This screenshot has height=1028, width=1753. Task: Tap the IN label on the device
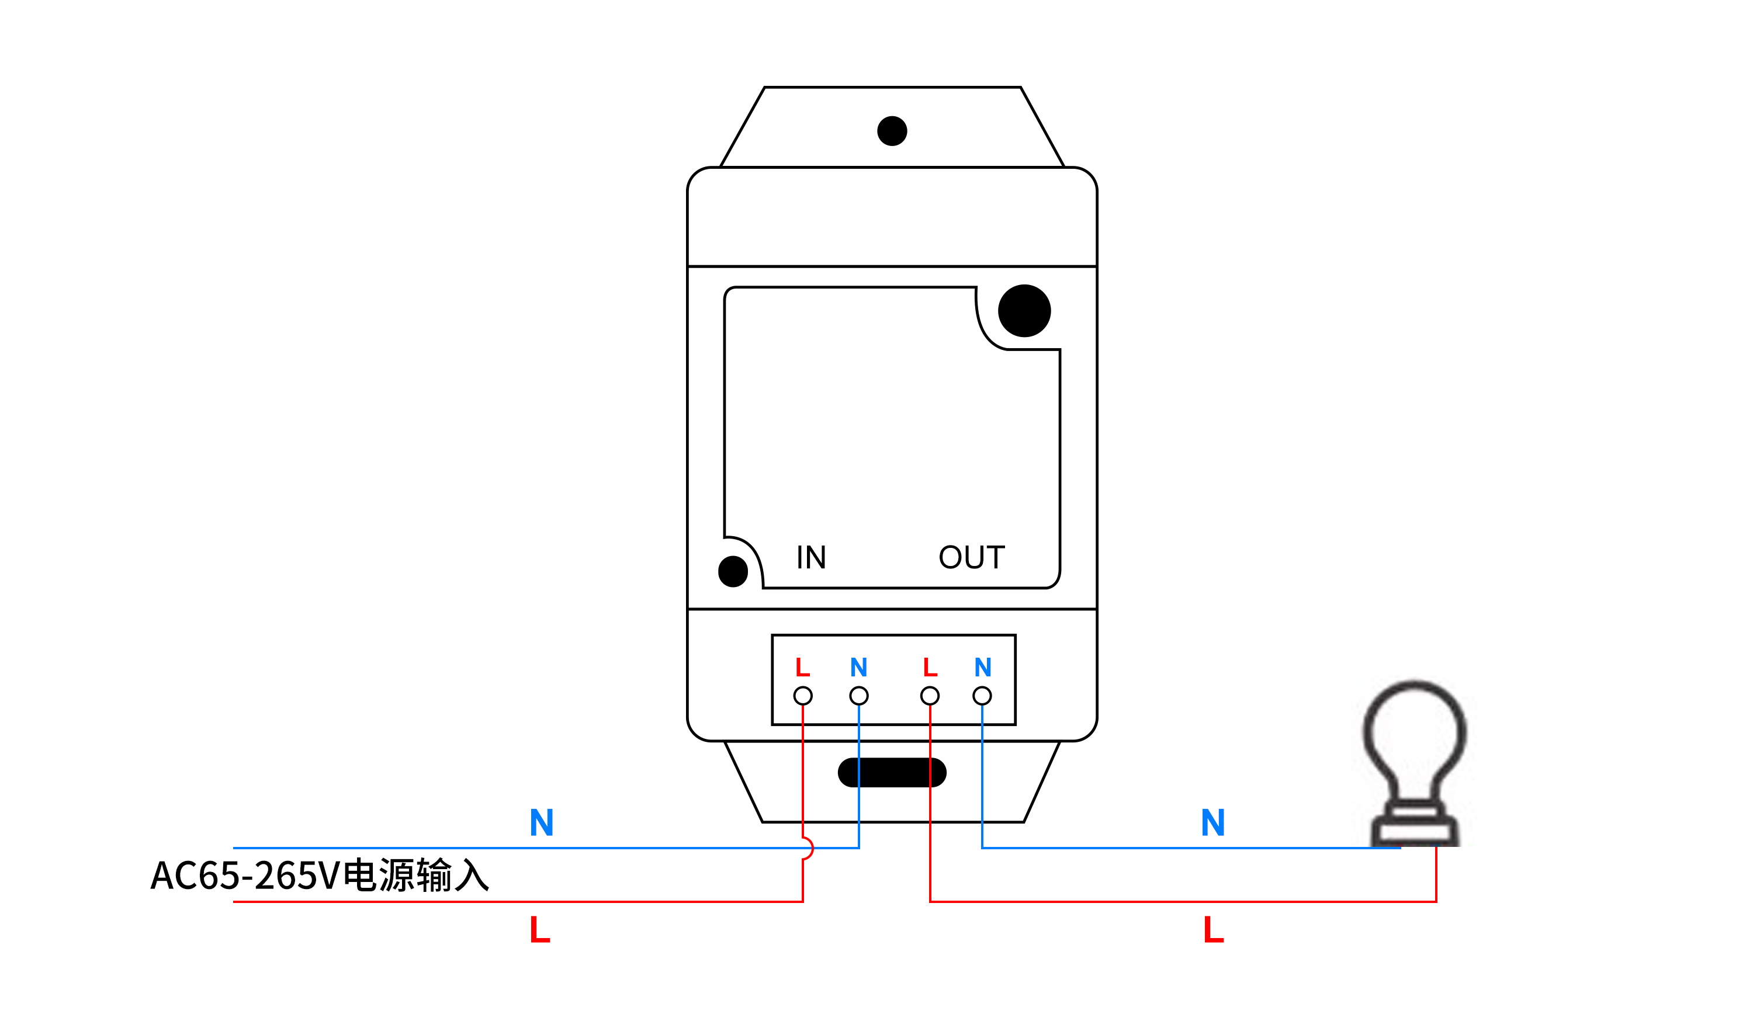pyautogui.click(x=811, y=557)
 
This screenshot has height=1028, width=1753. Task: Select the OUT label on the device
pyautogui.click(x=972, y=557)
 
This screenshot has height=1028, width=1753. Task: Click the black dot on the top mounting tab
pyautogui.click(x=892, y=131)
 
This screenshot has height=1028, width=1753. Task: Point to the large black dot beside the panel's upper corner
pyautogui.click(x=1024, y=311)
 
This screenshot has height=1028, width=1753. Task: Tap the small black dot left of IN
pyautogui.click(x=733, y=572)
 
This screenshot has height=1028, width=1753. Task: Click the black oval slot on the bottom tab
pyautogui.click(x=892, y=773)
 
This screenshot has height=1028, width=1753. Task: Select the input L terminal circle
pyautogui.click(x=803, y=696)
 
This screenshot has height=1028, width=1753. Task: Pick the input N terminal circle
pyautogui.click(x=859, y=696)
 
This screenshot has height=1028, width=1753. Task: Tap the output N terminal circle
pyautogui.click(x=982, y=696)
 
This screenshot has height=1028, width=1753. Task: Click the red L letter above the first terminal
pyautogui.click(x=803, y=668)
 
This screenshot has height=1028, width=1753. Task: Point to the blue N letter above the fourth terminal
pyautogui.click(x=983, y=668)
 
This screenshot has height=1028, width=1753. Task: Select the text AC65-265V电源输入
pyautogui.click(x=320, y=876)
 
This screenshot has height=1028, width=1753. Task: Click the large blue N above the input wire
pyautogui.click(x=541, y=823)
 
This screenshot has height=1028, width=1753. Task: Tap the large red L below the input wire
pyautogui.click(x=540, y=930)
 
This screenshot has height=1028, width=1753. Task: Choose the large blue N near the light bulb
pyautogui.click(x=1213, y=823)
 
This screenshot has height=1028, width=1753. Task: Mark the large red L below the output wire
pyautogui.click(x=1214, y=930)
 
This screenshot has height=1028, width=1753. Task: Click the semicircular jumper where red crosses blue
pyautogui.click(x=808, y=849)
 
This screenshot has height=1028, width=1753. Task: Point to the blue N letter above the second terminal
pyautogui.click(x=859, y=668)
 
